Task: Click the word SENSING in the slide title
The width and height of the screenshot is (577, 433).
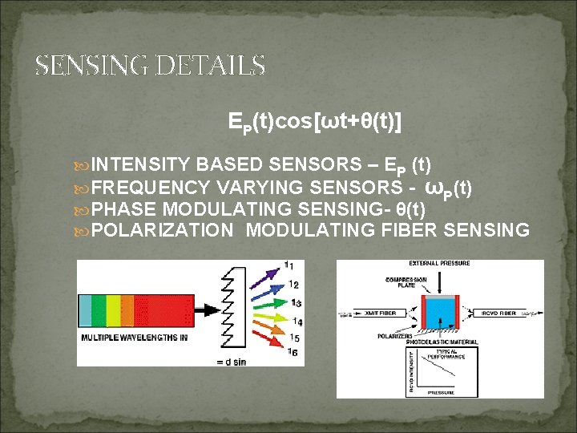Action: pos(92,65)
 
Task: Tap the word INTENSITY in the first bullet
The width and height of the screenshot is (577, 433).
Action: pos(141,165)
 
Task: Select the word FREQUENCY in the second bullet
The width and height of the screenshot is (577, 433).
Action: pos(150,188)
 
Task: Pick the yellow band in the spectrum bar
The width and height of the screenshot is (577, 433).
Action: pos(113,310)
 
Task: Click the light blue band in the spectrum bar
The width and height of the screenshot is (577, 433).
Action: pos(85,310)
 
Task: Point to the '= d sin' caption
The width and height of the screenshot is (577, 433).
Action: pos(238,361)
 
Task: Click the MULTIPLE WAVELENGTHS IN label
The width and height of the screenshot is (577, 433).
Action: pos(134,338)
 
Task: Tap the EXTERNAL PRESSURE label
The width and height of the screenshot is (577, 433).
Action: pos(439,264)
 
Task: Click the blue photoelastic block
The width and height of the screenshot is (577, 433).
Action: pos(439,313)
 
